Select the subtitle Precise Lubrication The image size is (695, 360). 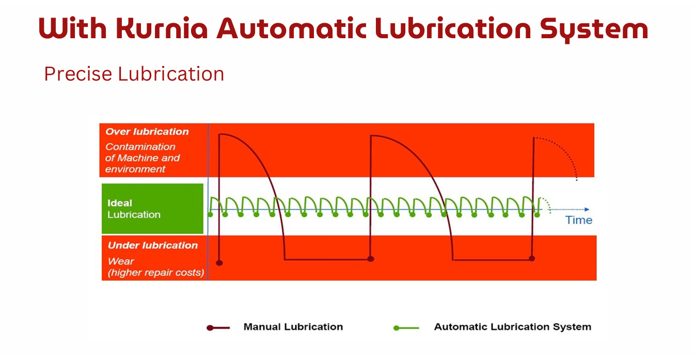coord(134,74)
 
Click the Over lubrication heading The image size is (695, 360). coord(147,132)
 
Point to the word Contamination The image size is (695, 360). coord(140,147)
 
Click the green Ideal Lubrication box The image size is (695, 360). coord(152,209)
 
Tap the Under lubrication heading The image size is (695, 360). coord(153,245)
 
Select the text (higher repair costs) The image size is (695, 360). coord(156,272)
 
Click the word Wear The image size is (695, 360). coord(121,261)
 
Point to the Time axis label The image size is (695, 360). coord(579,220)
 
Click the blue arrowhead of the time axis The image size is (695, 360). coord(587,209)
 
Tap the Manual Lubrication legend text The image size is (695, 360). coord(293,327)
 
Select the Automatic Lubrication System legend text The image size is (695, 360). coord(512,327)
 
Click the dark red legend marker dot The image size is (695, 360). coord(210,327)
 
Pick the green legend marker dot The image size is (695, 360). coord(396,327)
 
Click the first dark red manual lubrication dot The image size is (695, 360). coord(219,263)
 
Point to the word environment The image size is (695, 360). coord(135,169)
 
